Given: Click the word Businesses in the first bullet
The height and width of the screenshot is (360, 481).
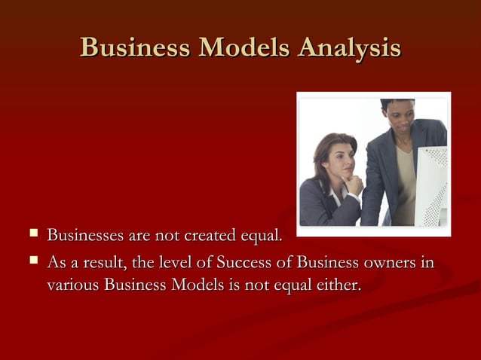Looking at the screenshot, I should pos(83,238).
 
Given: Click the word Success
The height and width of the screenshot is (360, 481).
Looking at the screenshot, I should pos(245,263).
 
